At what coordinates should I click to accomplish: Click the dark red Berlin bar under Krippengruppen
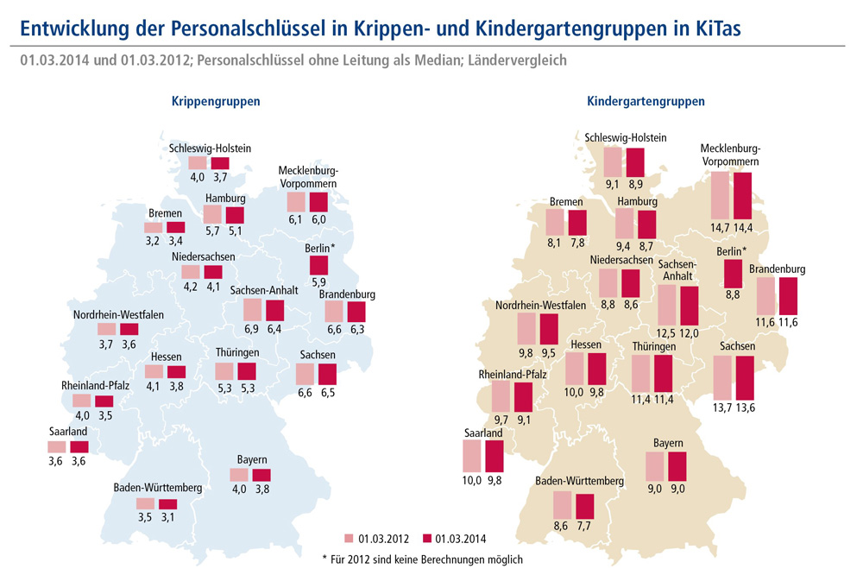tap(318, 266)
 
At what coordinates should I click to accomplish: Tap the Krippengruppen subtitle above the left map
tap(216, 101)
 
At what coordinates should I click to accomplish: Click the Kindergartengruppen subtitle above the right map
tap(646, 101)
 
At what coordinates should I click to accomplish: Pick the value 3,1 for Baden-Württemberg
tap(167, 517)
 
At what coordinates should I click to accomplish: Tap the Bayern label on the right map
tap(668, 443)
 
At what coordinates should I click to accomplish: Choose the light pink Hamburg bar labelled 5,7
tap(213, 216)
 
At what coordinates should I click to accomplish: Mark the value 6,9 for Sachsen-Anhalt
tap(252, 330)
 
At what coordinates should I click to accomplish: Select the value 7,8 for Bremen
tap(578, 243)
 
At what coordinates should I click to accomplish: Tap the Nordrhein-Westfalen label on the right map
tap(540, 306)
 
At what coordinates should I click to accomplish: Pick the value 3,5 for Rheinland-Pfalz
tap(104, 415)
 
